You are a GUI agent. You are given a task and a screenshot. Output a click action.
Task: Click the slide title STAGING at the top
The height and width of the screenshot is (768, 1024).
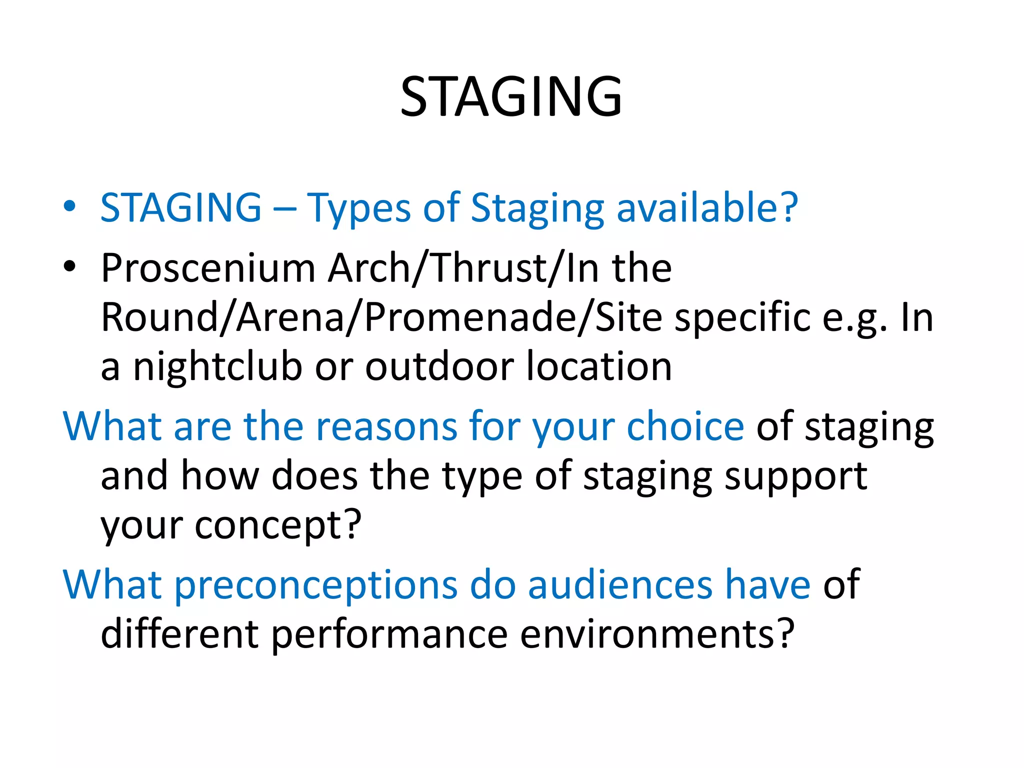(x=511, y=96)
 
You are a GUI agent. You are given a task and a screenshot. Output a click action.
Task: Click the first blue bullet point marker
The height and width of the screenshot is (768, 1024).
(x=69, y=206)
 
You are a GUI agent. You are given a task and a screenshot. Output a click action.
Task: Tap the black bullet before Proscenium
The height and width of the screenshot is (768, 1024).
(x=69, y=267)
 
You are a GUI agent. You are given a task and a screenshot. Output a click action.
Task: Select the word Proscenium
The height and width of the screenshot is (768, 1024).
(x=208, y=268)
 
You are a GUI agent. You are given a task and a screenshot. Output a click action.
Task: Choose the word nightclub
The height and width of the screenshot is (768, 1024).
(x=217, y=366)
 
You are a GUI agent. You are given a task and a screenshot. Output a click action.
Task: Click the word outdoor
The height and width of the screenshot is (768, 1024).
(x=439, y=366)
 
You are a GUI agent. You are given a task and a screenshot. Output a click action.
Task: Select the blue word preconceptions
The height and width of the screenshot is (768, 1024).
(x=315, y=585)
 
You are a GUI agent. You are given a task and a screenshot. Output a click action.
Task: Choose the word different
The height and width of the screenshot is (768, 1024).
(x=179, y=634)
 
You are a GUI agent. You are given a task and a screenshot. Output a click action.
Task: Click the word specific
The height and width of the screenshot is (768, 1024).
(x=742, y=318)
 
